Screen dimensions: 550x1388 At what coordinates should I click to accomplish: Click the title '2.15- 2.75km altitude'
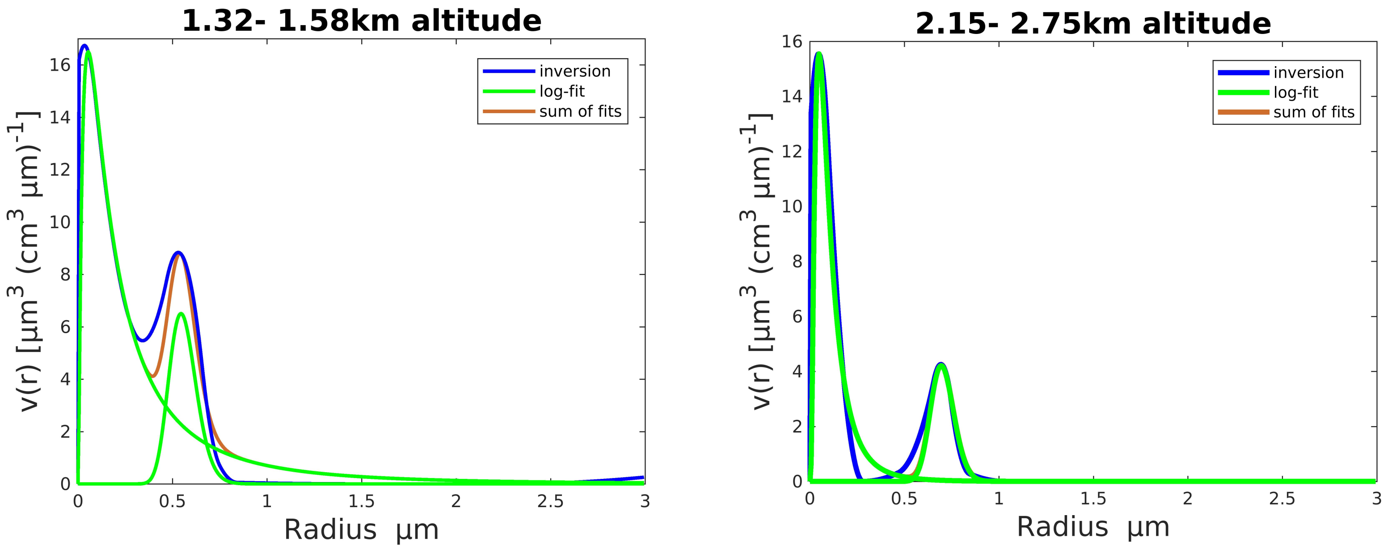click(1093, 24)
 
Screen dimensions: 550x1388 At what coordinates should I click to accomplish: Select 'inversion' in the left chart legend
click(574, 71)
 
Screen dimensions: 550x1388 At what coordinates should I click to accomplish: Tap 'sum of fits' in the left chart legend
click(580, 112)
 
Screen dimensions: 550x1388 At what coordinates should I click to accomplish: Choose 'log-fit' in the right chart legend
click(1295, 93)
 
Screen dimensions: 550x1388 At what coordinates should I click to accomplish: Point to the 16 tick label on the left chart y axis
click(60, 65)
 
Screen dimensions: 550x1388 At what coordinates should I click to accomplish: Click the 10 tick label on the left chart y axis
click(60, 222)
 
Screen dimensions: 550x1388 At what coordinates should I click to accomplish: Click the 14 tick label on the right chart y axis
click(792, 97)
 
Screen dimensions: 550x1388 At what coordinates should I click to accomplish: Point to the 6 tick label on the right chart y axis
click(797, 317)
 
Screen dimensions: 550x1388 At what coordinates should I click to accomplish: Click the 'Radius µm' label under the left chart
click(361, 529)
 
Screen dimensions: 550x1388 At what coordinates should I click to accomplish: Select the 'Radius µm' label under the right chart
click(1093, 527)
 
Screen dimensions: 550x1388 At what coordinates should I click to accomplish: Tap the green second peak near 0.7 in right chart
click(941, 366)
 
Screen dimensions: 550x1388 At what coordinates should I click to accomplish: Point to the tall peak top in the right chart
click(819, 53)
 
